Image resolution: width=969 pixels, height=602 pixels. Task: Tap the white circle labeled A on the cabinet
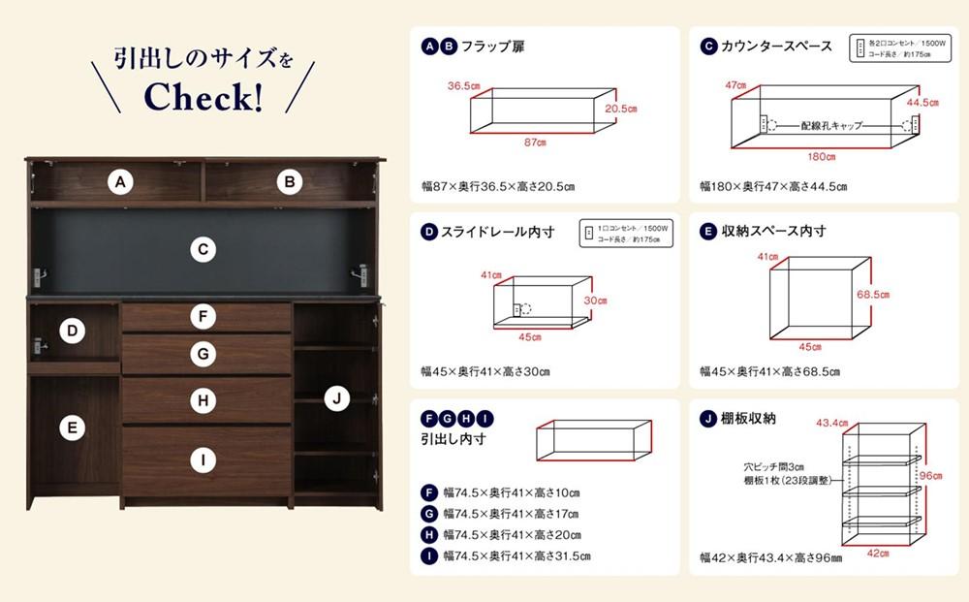point(119,181)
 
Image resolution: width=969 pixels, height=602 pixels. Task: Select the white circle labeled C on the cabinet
point(202,250)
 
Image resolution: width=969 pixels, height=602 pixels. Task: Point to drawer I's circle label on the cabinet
point(202,460)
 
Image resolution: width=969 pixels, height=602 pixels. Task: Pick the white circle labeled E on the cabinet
point(71,427)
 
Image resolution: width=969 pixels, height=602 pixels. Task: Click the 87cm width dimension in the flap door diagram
point(535,143)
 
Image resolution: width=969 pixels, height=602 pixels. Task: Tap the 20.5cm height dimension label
point(621,109)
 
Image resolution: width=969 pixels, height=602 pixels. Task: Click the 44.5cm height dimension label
point(922,102)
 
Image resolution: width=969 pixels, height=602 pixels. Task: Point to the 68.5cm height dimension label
point(873,294)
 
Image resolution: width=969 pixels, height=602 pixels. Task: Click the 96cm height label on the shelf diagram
point(930,475)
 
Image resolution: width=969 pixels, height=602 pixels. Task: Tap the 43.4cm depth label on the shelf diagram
point(831,423)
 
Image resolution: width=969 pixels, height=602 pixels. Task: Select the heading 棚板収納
point(748,419)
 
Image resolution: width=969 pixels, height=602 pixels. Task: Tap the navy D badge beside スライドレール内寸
point(429,232)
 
